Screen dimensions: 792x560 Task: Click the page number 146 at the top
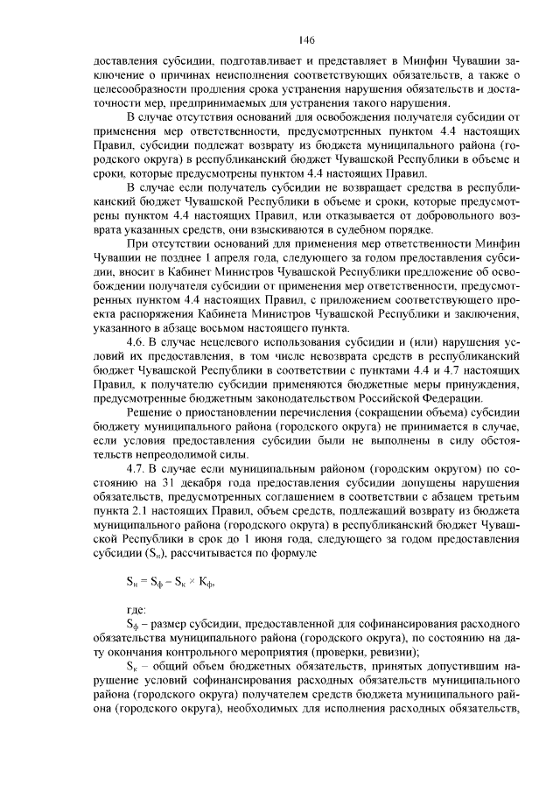305,41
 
